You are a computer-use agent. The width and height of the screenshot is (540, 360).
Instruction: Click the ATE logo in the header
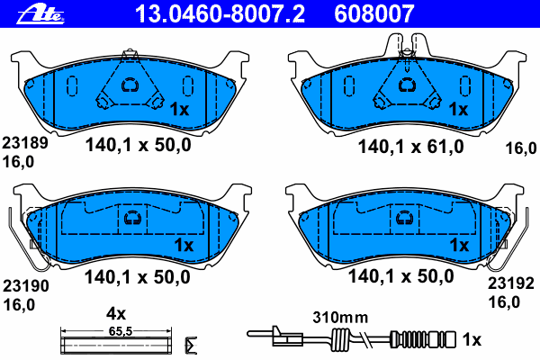(40, 14)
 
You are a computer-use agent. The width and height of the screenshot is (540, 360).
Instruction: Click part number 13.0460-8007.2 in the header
(220, 14)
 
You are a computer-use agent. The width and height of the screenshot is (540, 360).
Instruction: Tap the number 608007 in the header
(374, 14)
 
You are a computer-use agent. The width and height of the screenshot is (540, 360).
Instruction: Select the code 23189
(25, 143)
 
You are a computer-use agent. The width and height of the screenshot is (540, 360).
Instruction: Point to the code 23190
(26, 286)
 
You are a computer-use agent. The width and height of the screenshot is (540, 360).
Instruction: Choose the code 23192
(510, 283)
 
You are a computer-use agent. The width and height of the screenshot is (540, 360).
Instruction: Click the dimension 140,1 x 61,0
(411, 147)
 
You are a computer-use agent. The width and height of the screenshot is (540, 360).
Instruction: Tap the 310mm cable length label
(340, 318)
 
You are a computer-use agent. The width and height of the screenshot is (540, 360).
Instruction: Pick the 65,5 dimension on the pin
(121, 331)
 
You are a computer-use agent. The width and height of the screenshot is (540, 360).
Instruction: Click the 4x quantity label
(116, 314)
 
